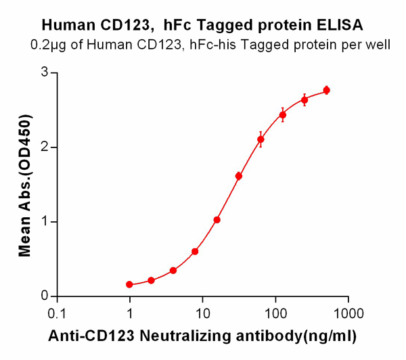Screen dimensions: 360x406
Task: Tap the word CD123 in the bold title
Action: click(x=127, y=26)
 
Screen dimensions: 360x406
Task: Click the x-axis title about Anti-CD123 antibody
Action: click(x=201, y=335)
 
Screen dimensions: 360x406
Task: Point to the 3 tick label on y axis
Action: click(x=45, y=72)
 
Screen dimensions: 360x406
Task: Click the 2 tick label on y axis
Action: click(x=45, y=147)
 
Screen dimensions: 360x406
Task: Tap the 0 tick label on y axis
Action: click(x=45, y=296)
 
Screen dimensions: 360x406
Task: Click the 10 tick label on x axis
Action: click(x=202, y=313)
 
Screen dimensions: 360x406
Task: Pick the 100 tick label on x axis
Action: click(x=275, y=313)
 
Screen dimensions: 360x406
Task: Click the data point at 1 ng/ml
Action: click(x=129, y=285)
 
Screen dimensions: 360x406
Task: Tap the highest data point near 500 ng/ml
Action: click(x=327, y=90)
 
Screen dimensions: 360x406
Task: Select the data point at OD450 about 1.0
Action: click(x=217, y=220)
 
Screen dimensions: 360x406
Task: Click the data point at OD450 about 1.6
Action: click(x=239, y=176)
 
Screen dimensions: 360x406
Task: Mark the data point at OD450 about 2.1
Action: click(x=261, y=139)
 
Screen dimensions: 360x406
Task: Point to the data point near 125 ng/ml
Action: click(x=283, y=115)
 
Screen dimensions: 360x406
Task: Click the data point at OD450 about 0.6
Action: click(x=195, y=252)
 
